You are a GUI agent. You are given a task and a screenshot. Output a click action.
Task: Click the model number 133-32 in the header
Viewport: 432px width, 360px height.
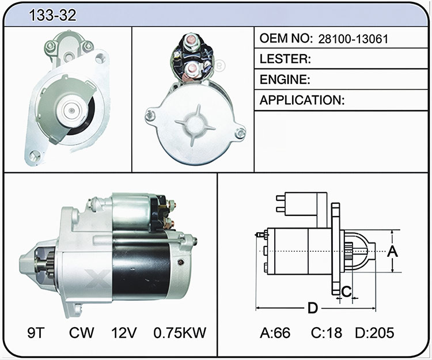[x=52, y=15]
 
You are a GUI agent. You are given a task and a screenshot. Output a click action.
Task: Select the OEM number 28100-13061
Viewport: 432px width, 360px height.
[x=353, y=39]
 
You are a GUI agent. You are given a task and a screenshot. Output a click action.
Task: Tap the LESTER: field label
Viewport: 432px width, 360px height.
[x=285, y=59]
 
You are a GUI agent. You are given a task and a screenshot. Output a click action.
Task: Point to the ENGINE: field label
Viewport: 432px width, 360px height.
[x=285, y=79]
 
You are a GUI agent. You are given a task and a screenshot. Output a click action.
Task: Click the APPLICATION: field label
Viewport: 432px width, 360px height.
[x=302, y=100]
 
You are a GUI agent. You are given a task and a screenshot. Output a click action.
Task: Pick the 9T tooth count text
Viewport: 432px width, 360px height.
[x=36, y=333]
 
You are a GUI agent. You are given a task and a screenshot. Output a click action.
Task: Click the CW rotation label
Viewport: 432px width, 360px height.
[x=82, y=333]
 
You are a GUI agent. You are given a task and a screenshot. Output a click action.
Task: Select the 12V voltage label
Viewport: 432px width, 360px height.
[x=124, y=333]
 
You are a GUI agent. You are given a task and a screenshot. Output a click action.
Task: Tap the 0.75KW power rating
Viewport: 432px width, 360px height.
[x=180, y=333]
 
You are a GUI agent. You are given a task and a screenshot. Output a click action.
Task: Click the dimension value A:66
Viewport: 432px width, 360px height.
[x=275, y=333]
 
